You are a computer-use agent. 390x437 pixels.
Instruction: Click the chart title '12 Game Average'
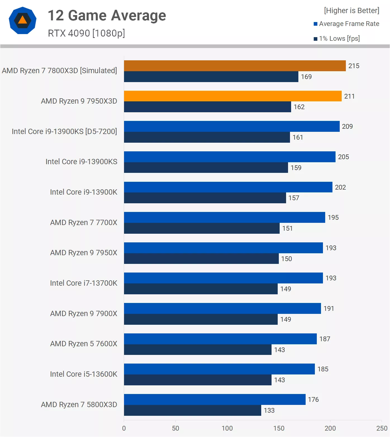107,16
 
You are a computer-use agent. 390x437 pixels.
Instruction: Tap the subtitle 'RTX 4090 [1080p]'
86,33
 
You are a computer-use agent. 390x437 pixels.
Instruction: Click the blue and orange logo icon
23,21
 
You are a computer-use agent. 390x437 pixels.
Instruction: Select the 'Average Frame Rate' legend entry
349,24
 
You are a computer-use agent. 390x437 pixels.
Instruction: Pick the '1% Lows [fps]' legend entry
339,39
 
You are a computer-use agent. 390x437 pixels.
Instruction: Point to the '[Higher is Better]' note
351,11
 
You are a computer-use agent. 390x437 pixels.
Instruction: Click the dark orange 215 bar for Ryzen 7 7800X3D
235,66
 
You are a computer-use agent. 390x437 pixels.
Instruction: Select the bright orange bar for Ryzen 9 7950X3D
232,96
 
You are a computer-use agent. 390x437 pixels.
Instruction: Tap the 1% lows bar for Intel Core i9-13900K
205,198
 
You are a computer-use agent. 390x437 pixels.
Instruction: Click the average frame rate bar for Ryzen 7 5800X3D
215,399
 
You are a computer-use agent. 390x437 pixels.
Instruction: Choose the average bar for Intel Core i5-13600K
219,369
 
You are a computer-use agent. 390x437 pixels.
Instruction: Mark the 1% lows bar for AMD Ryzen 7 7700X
202,228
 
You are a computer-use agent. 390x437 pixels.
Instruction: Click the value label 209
347,126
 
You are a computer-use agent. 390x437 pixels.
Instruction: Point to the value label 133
269,410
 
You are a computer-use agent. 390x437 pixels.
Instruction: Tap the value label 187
325,339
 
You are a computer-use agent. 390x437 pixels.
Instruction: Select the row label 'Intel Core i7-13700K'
84,283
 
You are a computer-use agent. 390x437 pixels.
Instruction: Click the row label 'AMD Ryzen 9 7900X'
84,314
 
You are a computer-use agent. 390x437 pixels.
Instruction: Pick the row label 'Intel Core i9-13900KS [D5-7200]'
64,132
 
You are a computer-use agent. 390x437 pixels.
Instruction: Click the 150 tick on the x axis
279,428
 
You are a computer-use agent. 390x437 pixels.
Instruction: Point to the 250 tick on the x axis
382,428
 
